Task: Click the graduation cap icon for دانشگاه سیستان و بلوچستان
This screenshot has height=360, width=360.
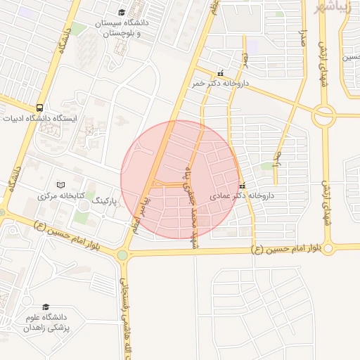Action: tap(122, 13)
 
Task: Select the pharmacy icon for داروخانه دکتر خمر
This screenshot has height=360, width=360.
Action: tap(221, 73)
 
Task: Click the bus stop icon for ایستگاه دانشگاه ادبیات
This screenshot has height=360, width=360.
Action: tap(40, 108)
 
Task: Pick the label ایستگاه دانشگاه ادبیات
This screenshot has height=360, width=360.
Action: tap(42, 118)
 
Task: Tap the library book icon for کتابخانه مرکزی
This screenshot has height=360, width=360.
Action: tap(60, 184)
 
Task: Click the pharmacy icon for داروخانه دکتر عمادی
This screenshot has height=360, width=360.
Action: tap(243, 186)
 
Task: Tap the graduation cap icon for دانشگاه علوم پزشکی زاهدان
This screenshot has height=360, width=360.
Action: tap(46, 307)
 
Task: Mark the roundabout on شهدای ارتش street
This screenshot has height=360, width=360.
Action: tap(324, 115)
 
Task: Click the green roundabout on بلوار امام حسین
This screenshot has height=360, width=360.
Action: tap(122, 255)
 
